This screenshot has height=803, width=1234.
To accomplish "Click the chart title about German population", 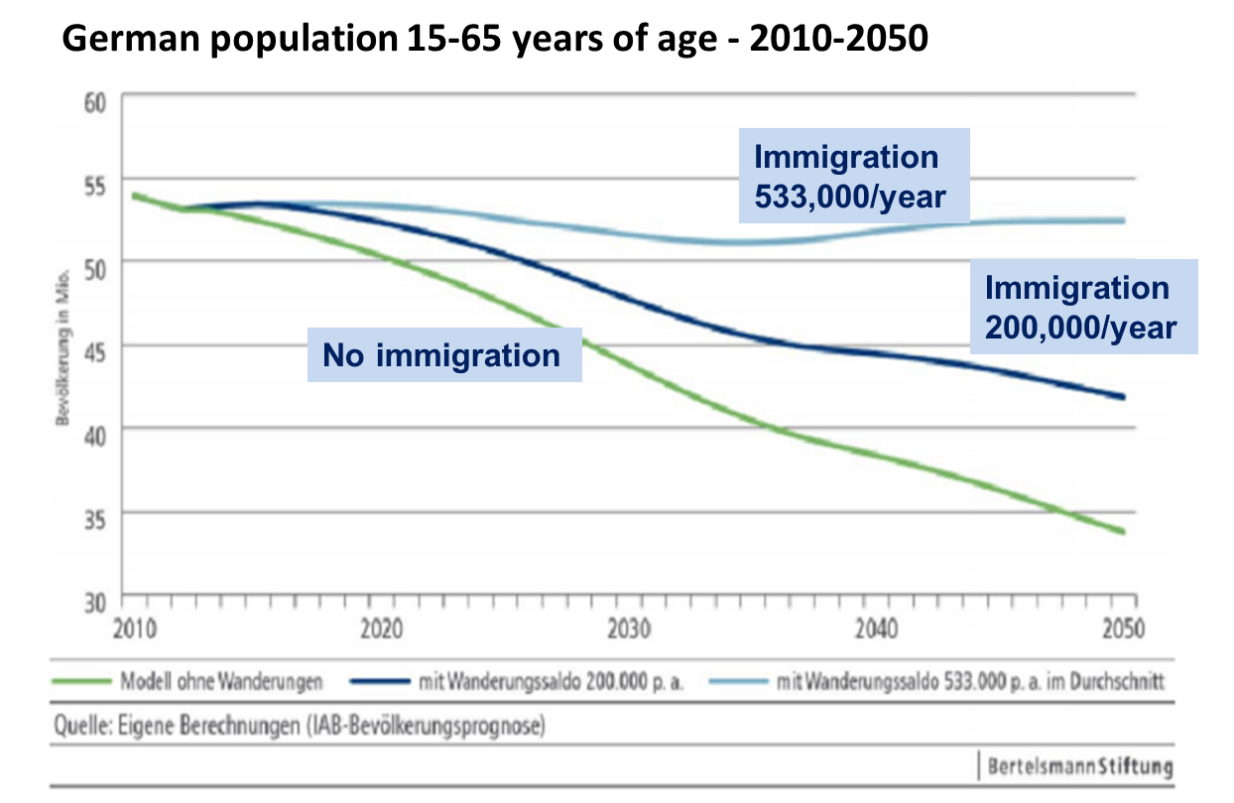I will click(496, 40).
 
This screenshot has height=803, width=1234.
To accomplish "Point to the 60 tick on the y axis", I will click(96, 103).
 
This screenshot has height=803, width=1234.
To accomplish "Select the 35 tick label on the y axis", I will click(96, 515).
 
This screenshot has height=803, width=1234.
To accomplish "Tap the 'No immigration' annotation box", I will click(442, 354).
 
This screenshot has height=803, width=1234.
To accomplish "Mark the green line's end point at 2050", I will click(1123, 532).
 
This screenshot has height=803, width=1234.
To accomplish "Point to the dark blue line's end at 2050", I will click(1123, 397).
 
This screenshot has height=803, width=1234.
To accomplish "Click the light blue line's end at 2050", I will click(1123, 220).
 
